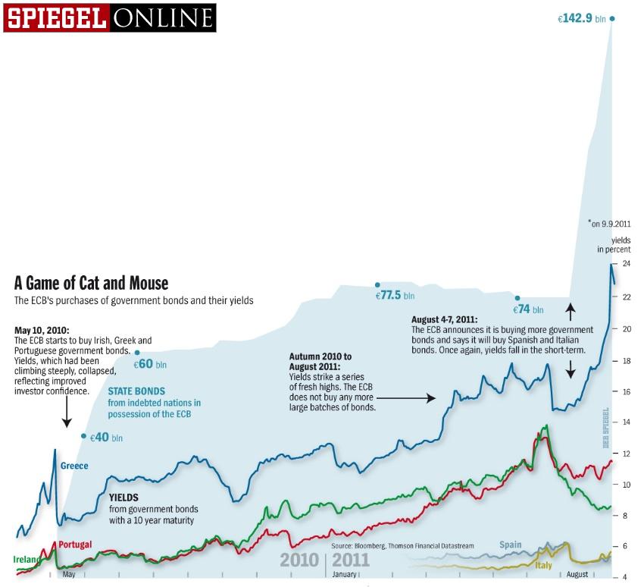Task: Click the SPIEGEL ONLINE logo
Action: pos(109,17)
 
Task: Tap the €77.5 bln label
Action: pos(395,295)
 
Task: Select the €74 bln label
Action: pos(528,309)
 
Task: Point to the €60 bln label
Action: pos(150,364)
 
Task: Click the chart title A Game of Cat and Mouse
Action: pos(91,283)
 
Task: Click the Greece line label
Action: pos(74,466)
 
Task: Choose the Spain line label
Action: pos(510,545)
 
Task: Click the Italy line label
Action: pos(542,566)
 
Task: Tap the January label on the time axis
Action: pos(345,575)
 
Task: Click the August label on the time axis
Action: pos(577,575)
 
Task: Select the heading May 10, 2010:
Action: pos(42,331)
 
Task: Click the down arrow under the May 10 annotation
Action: pos(66,413)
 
